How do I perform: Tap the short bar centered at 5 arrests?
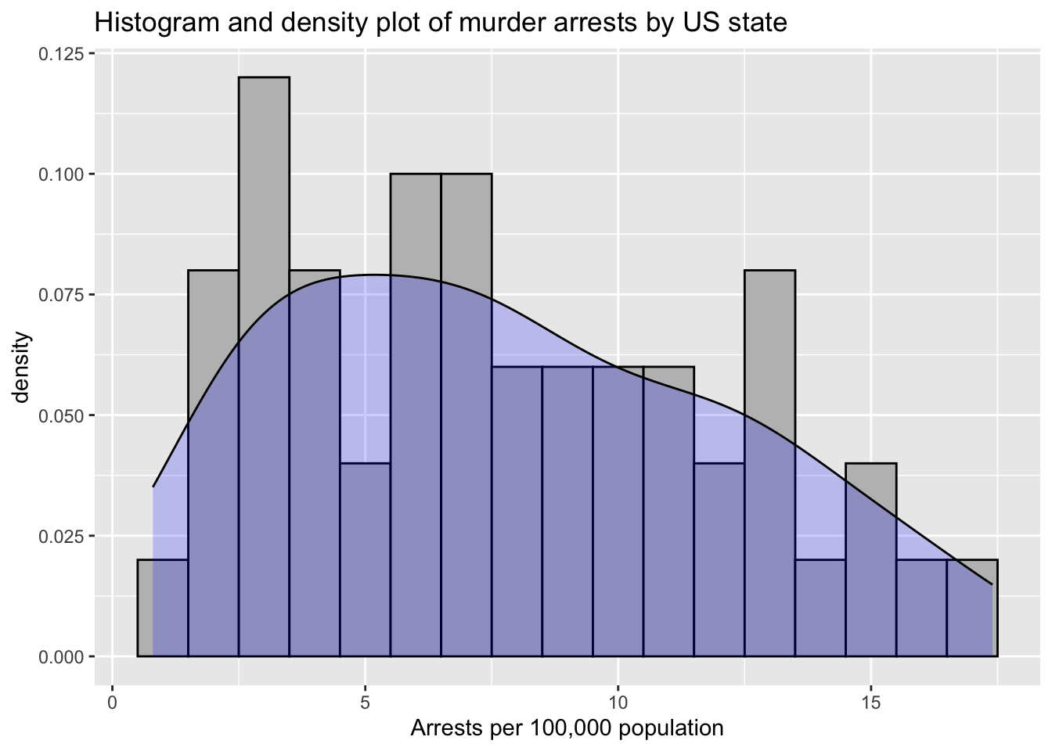pyautogui.click(x=365, y=559)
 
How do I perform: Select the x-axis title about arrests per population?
pyautogui.click(x=567, y=729)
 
